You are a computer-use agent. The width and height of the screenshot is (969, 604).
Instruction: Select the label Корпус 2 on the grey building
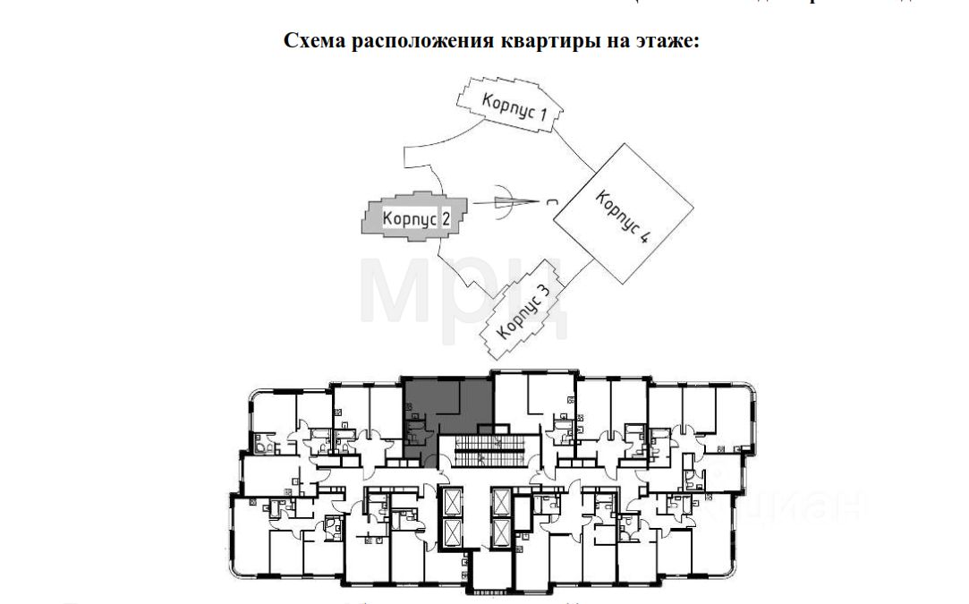coord(411,217)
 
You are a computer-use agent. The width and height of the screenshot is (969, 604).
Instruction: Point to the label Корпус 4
coord(621,218)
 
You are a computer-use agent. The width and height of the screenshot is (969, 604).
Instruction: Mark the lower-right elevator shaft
coord(500,533)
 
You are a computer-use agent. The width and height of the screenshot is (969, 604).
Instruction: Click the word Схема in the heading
coord(312,41)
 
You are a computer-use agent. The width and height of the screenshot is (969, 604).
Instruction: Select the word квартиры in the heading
coord(535,41)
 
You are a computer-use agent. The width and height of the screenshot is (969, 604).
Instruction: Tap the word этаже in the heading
coord(659,41)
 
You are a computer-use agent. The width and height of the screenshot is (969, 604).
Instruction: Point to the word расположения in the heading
coord(415,41)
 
